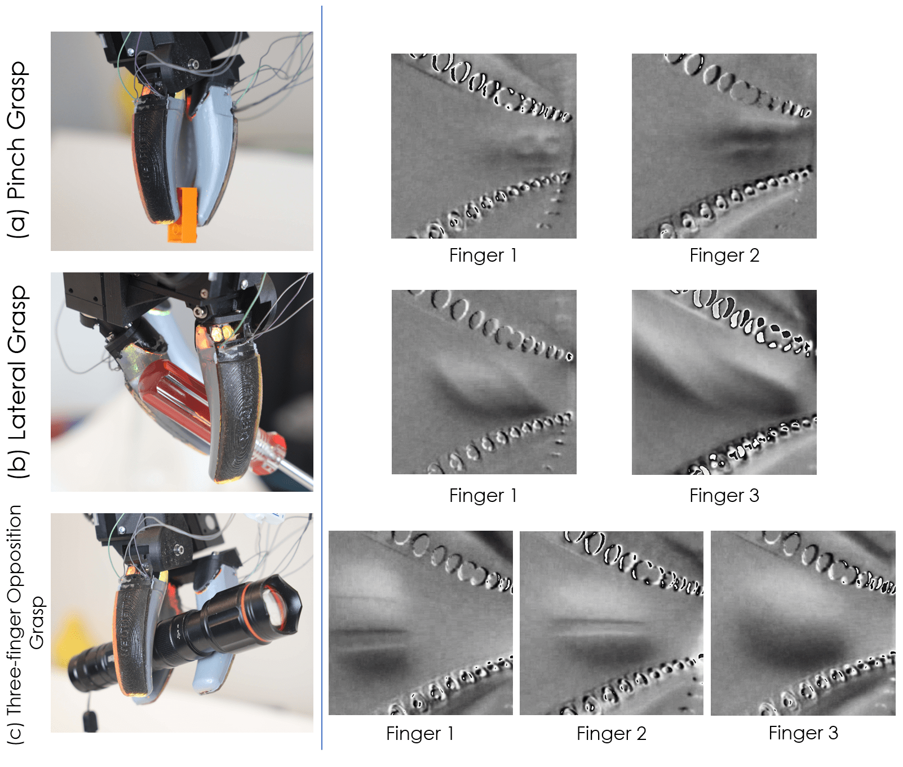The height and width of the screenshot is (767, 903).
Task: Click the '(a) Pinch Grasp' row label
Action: (17, 149)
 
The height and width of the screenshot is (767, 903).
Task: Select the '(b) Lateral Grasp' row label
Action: (17, 382)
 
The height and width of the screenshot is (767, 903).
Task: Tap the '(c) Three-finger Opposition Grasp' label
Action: (25, 625)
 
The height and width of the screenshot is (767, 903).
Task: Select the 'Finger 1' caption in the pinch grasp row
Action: (483, 255)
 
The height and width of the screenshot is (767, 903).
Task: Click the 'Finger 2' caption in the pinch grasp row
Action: (724, 255)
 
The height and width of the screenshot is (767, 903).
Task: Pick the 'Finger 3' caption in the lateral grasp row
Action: (724, 496)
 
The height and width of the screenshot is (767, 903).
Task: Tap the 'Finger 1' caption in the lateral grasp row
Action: (483, 496)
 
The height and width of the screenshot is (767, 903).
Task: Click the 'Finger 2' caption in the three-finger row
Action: (612, 734)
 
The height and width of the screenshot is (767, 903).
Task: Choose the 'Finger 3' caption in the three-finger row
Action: (803, 733)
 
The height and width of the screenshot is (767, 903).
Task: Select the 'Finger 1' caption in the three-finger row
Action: (420, 734)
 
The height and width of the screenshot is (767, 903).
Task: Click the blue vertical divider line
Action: (322, 378)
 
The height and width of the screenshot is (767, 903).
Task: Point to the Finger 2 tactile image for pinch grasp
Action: (724, 146)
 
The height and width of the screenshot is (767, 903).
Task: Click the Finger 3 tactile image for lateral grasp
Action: (724, 382)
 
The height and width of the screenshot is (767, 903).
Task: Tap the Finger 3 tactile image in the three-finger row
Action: (803, 623)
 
